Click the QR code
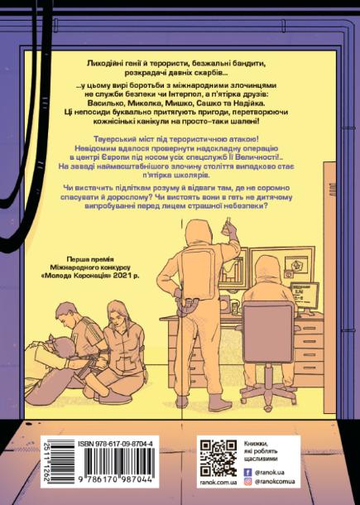click(x=218, y=459)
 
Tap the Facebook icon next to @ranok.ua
click(x=248, y=473)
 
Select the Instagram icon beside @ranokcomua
click(x=248, y=482)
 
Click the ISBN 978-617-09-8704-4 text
click(x=115, y=445)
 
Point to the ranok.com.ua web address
click(x=218, y=483)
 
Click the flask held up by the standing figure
click(x=227, y=226)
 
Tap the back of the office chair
click(x=268, y=332)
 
